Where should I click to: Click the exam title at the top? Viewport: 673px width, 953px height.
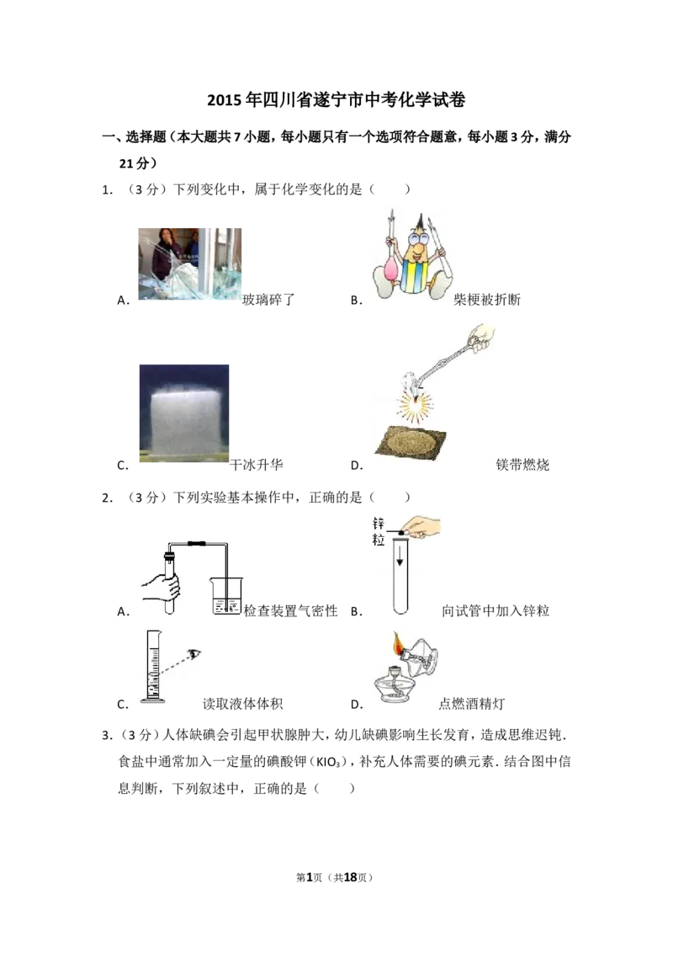coord(336,99)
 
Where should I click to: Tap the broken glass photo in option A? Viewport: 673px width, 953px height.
coord(189,264)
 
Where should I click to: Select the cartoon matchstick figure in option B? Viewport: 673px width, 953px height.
coord(412,254)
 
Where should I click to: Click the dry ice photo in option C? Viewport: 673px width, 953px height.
coord(184,413)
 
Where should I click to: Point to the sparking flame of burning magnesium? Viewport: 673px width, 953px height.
coord(416,402)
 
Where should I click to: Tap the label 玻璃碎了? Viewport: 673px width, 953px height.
coord(268,299)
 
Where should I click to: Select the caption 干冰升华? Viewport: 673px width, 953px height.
coord(257,465)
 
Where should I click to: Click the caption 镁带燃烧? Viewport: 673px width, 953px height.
coord(522,465)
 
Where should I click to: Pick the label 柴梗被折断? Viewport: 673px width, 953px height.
coord(487,299)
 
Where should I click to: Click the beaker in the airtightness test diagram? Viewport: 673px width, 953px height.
coord(227,596)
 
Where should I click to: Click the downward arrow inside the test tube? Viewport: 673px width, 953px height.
coord(400,554)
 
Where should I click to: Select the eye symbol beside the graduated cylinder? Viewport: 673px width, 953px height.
coord(194,654)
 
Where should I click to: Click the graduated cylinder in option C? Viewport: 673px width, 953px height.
coord(153,667)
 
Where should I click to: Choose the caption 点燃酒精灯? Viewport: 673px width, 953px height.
coord(472,704)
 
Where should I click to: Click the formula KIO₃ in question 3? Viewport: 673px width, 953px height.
coord(331,762)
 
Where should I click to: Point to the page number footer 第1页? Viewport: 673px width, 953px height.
coord(309,877)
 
